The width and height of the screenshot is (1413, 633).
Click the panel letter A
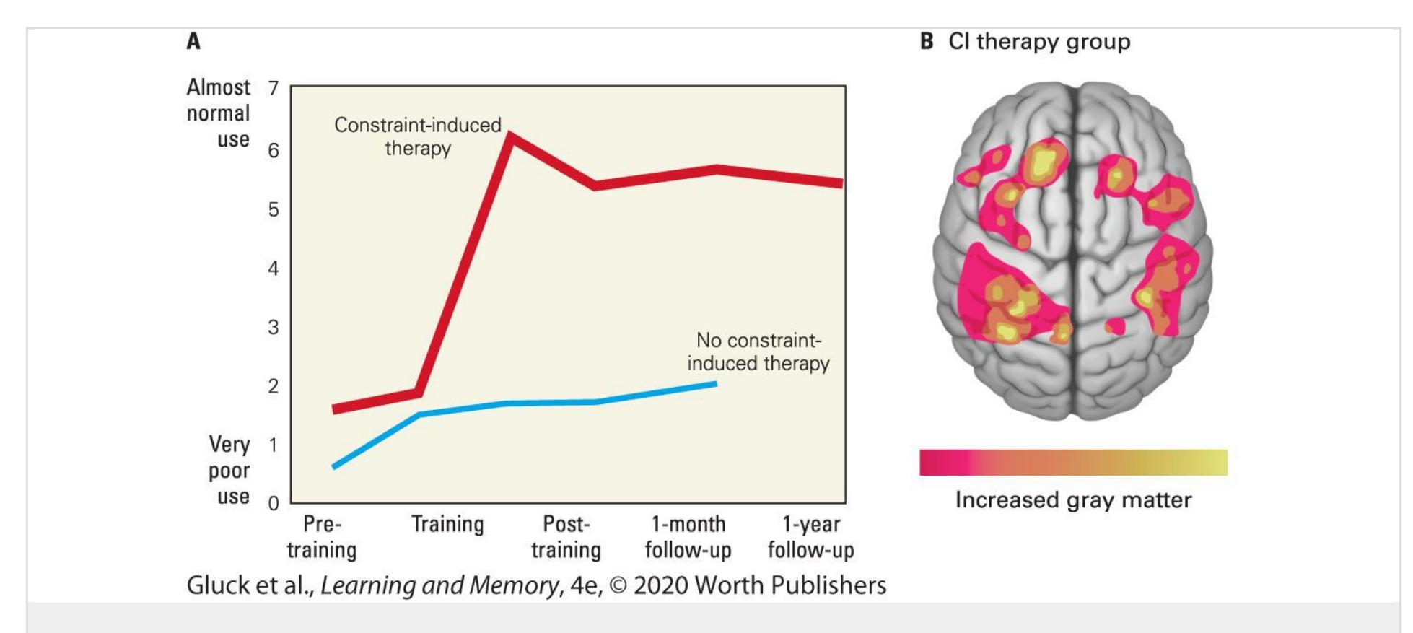[193, 41]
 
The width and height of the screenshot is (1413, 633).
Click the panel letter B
[927, 41]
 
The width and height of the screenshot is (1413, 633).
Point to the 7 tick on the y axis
[274, 88]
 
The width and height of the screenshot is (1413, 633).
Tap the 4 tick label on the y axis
[274, 269]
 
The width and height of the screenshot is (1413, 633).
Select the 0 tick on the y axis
[274, 503]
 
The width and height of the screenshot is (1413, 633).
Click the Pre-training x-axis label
[322, 536]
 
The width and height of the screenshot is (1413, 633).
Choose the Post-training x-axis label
[566, 536]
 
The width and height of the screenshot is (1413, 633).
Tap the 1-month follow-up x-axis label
[688, 536]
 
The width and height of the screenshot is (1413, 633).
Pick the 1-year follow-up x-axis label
[810, 536]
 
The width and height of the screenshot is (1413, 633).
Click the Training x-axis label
[447, 524]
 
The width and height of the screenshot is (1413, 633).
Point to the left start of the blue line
[334, 466]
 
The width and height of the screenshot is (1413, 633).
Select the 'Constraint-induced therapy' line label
[417, 136]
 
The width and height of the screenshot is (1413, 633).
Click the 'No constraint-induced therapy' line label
[758, 352]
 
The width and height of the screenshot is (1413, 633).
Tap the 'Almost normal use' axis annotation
[218, 113]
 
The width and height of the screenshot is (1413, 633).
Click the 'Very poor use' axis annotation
[229, 470]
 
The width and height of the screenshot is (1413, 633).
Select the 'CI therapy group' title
[1038, 41]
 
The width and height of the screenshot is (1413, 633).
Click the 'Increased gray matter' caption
[1073, 499]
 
